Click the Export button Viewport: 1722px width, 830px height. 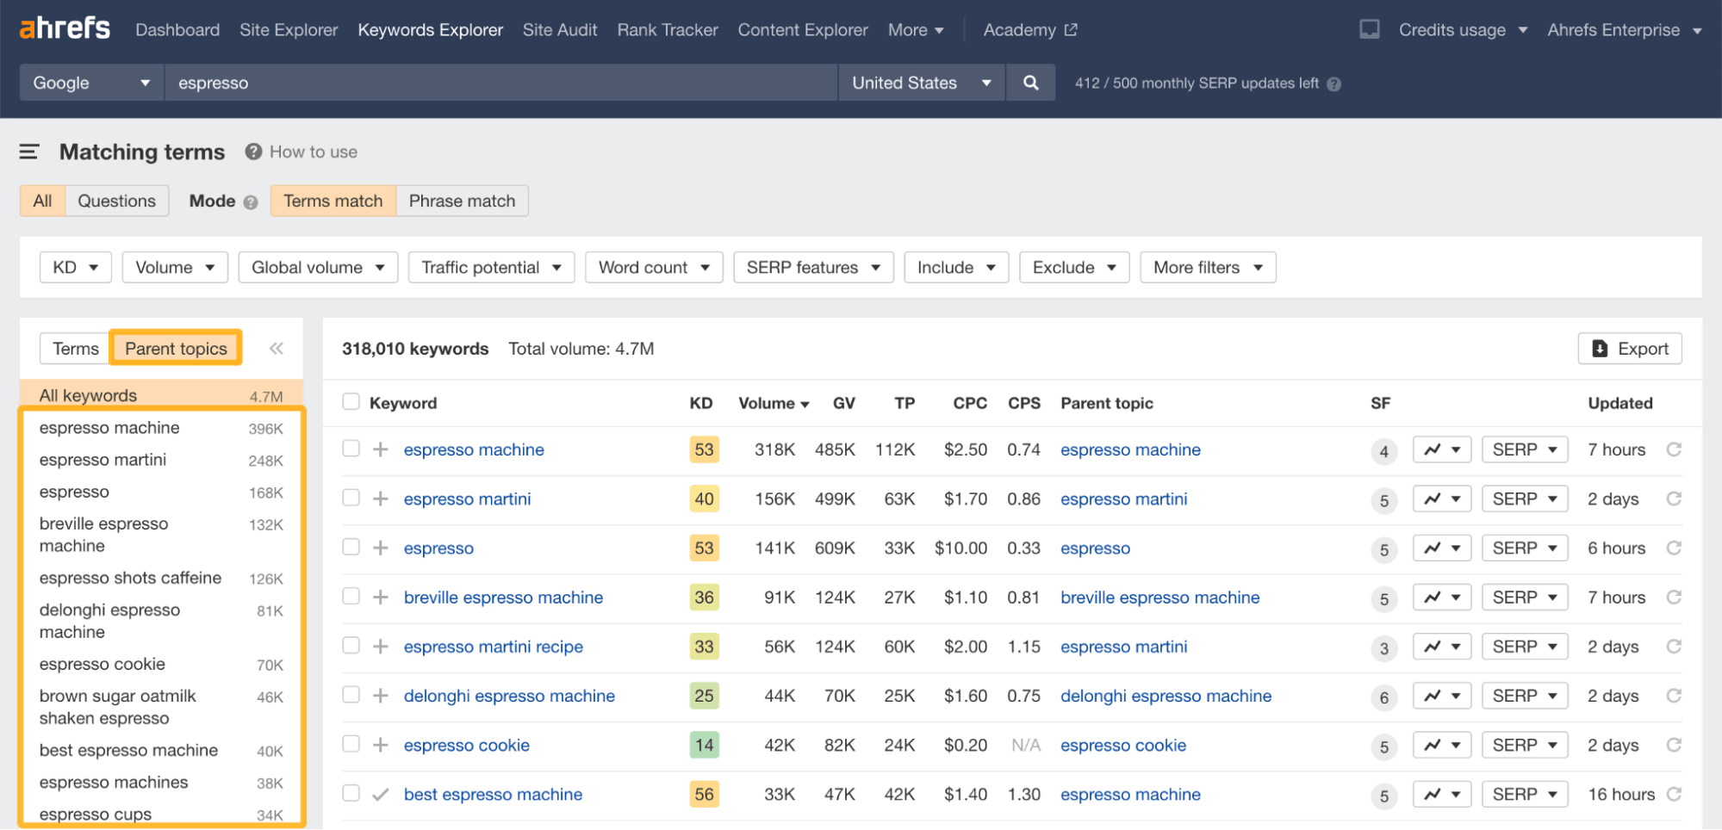pyautogui.click(x=1630, y=349)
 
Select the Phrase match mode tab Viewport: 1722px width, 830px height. pyautogui.click(x=462, y=201)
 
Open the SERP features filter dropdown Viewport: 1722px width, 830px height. pyautogui.click(x=812, y=268)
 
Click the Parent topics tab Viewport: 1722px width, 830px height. pyautogui.click(x=176, y=349)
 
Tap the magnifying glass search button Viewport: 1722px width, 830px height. pyautogui.click(x=1030, y=83)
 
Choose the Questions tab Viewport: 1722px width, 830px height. pyautogui.click(x=116, y=201)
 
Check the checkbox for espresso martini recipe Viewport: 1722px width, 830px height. pyautogui.click(x=351, y=646)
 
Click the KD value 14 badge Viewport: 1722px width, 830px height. pyautogui.click(x=704, y=745)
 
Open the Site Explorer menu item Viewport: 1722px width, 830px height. pyautogui.click(x=289, y=30)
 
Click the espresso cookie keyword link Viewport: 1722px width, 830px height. pyautogui.click(x=466, y=746)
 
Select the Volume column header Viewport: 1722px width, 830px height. pyautogui.click(x=773, y=403)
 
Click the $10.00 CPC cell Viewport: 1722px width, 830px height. pyautogui.click(x=960, y=548)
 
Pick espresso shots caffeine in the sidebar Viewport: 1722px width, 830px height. pyautogui.click(x=130, y=578)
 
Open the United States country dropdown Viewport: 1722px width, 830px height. pyautogui.click(x=920, y=83)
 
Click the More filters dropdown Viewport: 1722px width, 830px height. pyautogui.click(x=1207, y=268)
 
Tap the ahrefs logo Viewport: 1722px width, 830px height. pyautogui.click(x=65, y=28)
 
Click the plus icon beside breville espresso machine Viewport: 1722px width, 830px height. pyautogui.click(x=381, y=597)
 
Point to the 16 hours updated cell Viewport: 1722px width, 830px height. pyautogui.click(x=1620, y=795)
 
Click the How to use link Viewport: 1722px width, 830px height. pyautogui.click(x=313, y=152)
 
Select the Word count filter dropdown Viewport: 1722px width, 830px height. pyautogui.click(x=653, y=268)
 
